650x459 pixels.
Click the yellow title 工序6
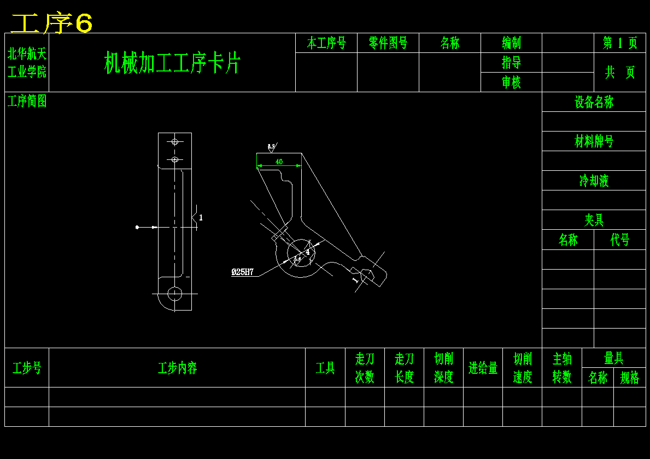[x=52, y=23]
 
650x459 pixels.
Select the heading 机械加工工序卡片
[x=172, y=63]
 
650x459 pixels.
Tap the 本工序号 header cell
[x=326, y=43]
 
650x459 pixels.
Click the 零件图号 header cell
[x=388, y=43]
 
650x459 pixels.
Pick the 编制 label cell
[x=511, y=43]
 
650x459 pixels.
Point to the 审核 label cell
[x=511, y=82]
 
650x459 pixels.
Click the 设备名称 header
[x=594, y=102]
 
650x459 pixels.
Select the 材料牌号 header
[x=594, y=141]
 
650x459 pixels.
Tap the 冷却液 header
[x=594, y=181]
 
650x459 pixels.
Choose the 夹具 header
[x=594, y=220]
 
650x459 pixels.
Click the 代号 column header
[x=620, y=240]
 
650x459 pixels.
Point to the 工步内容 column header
[x=177, y=368]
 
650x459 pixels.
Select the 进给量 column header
[x=483, y=368]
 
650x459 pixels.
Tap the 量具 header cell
[x=613, y=358]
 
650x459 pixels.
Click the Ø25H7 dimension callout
[x=242, y=272]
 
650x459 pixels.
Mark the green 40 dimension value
[x=279, y=162]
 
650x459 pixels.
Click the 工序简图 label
[x=27, y=101]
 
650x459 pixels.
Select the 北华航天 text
[x=27, y=53]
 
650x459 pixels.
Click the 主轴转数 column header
[x=562, y=368]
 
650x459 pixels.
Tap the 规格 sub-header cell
[x=629, y=378]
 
